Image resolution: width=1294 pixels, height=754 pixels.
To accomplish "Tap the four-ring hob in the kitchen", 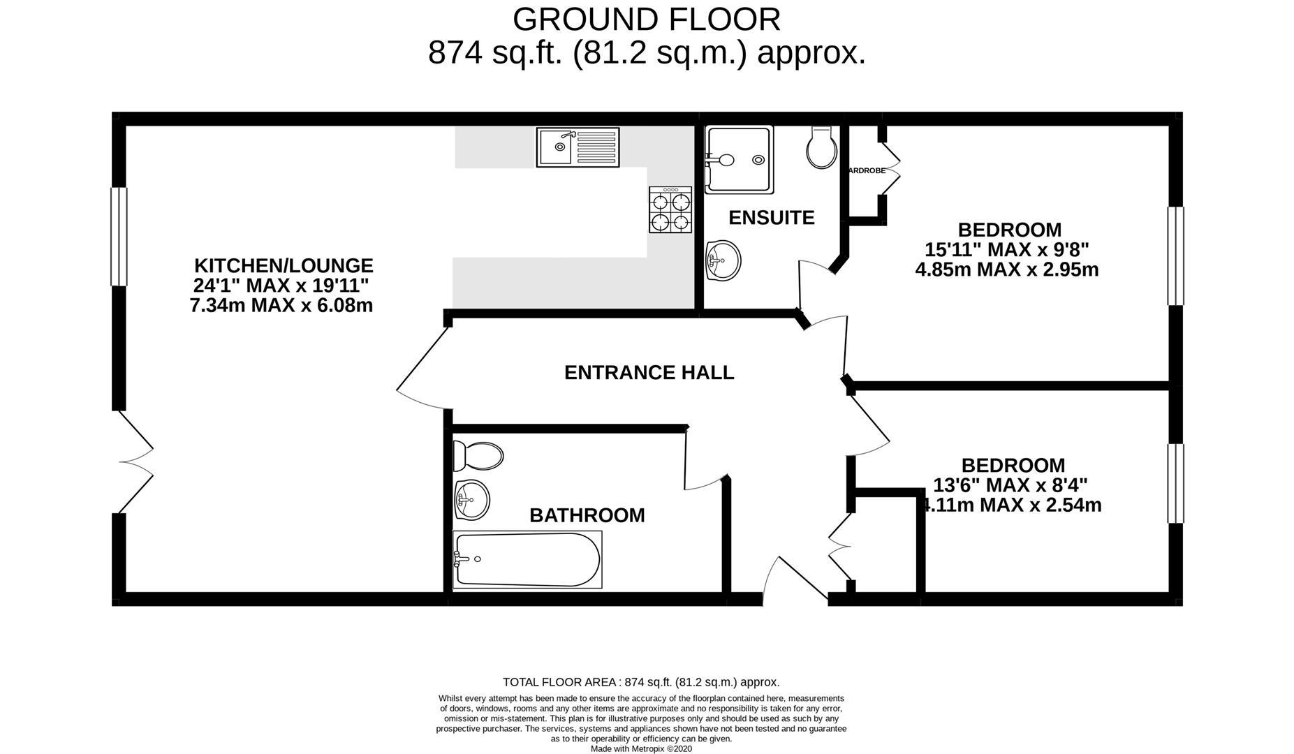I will coord(670,209).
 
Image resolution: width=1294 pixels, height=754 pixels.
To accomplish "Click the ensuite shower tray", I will coord(739,160).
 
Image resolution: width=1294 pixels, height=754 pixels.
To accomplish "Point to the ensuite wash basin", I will coord(722,261).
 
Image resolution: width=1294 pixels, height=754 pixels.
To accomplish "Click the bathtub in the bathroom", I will coord(527,560).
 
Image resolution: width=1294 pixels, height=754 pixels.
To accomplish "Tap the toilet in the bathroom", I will coord(478,457).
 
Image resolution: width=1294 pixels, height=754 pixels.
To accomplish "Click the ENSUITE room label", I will coord(771,218).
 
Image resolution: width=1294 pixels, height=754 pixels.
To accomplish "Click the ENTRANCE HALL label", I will coord(649,373).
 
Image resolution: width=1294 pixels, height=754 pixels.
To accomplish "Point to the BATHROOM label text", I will coord(587,515).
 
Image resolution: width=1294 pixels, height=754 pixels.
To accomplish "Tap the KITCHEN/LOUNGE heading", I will coord(284,266).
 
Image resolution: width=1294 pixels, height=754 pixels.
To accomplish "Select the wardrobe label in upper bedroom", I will coord(866,170).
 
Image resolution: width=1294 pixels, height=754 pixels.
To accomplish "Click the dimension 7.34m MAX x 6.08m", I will coord(281,306).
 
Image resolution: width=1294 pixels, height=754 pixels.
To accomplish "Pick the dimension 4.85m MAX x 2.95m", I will coord(1006,269).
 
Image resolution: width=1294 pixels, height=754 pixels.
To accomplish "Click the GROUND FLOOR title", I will coord(647,20).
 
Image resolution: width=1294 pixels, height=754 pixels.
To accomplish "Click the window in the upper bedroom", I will coord(1175,256).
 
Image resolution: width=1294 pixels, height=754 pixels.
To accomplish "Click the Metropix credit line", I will coord(641,748).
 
